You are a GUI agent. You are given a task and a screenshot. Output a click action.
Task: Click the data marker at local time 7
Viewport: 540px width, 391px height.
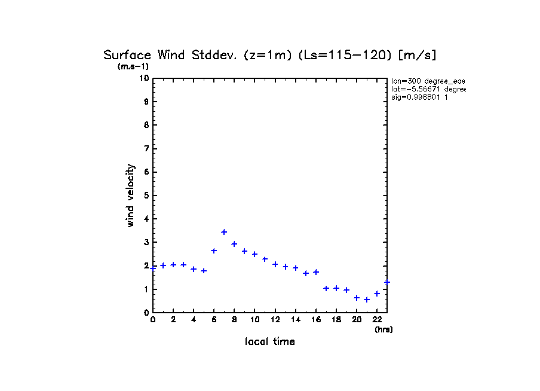224,232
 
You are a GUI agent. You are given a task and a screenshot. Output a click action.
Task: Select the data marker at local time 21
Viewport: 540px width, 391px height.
367,300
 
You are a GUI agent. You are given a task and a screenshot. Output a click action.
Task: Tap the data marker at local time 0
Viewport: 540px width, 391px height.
154,268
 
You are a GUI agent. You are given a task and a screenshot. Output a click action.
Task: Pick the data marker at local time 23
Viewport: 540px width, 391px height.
387,282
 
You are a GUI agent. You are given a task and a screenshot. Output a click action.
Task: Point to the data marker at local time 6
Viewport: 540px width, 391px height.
214,251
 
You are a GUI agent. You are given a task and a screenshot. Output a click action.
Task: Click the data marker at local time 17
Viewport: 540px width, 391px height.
326,288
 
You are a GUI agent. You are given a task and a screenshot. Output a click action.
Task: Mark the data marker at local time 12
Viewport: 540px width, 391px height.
275,264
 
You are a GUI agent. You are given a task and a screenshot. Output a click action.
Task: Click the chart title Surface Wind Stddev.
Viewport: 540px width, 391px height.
270,55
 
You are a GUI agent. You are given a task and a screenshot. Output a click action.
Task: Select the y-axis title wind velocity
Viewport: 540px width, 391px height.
131,195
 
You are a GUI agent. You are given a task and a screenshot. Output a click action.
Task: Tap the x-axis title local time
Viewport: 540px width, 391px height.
270,342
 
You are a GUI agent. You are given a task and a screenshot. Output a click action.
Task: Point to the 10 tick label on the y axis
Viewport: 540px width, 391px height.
144,78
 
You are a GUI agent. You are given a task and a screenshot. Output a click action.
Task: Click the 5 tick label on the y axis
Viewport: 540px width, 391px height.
146,195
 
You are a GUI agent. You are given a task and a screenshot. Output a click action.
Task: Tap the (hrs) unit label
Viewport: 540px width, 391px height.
383,329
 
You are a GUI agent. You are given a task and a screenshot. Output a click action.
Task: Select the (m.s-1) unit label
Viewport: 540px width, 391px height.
133,67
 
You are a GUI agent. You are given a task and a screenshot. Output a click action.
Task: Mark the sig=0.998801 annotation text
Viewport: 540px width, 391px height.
420,97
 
